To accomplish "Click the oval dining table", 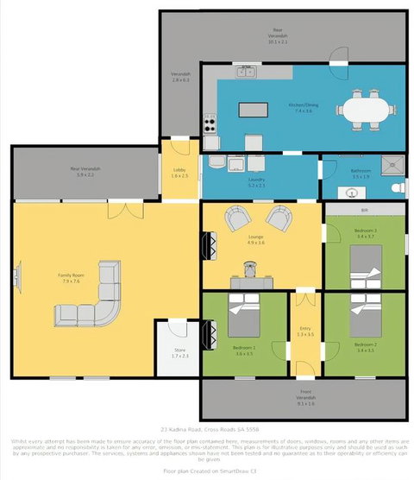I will [367, 109].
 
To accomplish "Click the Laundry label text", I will [258, 180].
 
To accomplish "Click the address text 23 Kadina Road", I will [206, 429].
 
